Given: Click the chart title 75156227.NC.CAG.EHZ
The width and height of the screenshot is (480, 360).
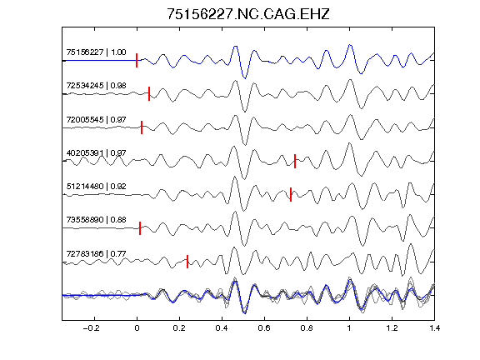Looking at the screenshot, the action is (248, 14).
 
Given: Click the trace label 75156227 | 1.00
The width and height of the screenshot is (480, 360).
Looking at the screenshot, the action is (96, 52).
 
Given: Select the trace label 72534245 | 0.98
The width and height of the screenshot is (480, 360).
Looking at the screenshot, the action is (96, 85).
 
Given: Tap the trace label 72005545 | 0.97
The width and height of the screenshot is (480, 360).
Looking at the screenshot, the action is (96, 119).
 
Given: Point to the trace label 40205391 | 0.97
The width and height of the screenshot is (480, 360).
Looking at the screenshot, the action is (96, 152).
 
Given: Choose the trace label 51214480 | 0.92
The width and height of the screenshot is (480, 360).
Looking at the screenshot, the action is (96, 186).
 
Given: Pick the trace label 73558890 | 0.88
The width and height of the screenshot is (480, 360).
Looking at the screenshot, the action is (96, 219).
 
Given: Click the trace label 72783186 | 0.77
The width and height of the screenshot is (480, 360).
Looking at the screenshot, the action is (96, 253).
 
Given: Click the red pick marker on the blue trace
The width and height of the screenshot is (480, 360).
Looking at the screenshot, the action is (137, 60).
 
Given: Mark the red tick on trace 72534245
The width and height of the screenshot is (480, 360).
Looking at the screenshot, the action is (149, 93).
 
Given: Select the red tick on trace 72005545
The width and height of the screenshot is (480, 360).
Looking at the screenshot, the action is (142, 127).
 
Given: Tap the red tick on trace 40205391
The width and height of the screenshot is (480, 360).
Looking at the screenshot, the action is (295, 162).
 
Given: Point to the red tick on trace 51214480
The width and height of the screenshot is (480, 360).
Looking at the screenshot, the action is (291, 194).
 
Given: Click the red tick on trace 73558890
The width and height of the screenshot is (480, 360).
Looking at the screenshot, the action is (140, 228).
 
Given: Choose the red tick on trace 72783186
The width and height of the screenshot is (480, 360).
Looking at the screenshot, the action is (187, 262).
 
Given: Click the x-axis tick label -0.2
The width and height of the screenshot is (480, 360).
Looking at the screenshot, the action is (91, 328).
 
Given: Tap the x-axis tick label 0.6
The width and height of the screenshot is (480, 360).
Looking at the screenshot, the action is (264, 328).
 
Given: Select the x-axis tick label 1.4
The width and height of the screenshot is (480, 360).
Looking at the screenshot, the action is (434, 328).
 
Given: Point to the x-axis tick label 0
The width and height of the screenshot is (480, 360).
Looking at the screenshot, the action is (137, 328).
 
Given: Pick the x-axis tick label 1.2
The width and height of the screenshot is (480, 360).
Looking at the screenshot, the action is (392, 328).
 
